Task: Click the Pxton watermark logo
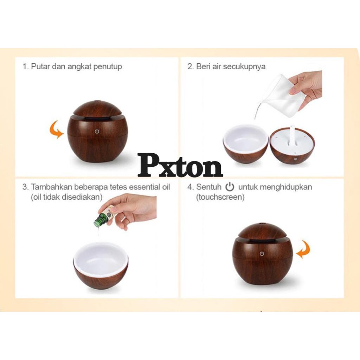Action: coord(180,165)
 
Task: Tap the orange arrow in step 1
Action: coord(56,130)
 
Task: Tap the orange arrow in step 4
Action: coord(303,249)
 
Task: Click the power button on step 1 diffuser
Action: coord(97,131)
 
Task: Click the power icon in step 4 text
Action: coord(230,187)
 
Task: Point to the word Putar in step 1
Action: coord(40,66)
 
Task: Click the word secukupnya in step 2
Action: coord(244,67)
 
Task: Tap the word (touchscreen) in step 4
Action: coord(220,197)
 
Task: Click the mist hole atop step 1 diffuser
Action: coord(97,101)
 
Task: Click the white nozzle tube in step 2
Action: coord(292,136)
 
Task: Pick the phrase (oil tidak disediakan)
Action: coord(66,197)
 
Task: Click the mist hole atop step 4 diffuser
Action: coord(262,223)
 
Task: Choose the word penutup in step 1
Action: coord(108,67)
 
